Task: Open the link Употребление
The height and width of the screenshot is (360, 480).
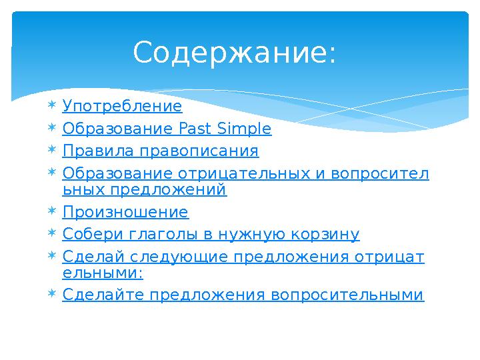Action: pos(122,107)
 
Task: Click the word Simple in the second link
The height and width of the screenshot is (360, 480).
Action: pos(245,129)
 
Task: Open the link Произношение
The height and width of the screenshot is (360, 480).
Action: pos(125,213)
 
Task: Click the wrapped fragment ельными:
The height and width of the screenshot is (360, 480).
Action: pos(103,273)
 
